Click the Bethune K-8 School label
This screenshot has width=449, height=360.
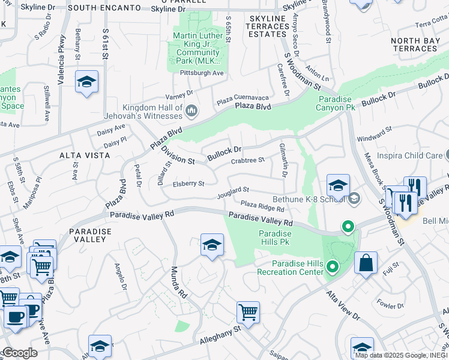(306, 198)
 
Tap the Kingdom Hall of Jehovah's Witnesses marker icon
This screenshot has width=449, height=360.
(192, 110)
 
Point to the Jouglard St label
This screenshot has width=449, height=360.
(233, 191)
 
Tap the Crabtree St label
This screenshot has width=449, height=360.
(248, 160)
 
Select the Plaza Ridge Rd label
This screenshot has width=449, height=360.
(262, 205)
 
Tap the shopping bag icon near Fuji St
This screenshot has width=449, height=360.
(366, 263)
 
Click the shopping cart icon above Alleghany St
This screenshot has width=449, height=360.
(248, 312)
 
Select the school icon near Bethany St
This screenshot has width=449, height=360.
(87, 82)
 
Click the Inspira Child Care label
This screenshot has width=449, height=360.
(410, 155)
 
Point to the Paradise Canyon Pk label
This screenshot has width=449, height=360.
(337, 103)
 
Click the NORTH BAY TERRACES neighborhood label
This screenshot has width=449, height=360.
(418, 44)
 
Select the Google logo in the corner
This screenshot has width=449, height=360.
(19, 353)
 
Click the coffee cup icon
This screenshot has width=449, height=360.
(16, 316)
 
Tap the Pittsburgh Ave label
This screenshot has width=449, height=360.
(202, 73)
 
